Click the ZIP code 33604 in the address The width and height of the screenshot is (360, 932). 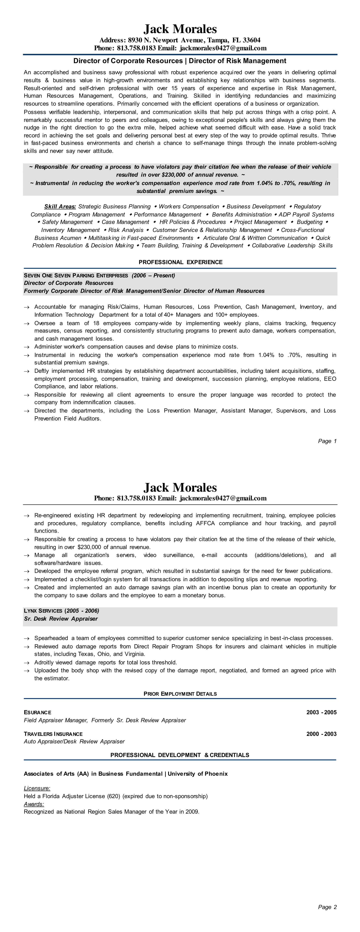pyautogui.click(x=251, y=40)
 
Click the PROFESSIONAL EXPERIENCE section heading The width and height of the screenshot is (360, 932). pyautogui.click(x=181, y=262)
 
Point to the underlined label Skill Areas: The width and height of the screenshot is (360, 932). pyautogui.click(x=60, y=207)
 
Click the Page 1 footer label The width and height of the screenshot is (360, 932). pyautogui.click(x=327, y=441)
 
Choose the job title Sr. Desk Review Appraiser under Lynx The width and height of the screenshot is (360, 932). pyautogui.click(x=61, y=619)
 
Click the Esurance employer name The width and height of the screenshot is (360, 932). pyautogui.click(x=38, y=712)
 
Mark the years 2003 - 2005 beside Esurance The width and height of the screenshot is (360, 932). pyautogui.click(x=321, y=712)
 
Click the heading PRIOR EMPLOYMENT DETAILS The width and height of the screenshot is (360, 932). pyautogui.click(x=180, y=694)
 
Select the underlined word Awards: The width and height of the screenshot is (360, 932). pyautogui.click(x=34, y=804)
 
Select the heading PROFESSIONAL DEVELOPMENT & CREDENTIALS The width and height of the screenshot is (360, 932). pyautogui.click(x=180, y=755)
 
